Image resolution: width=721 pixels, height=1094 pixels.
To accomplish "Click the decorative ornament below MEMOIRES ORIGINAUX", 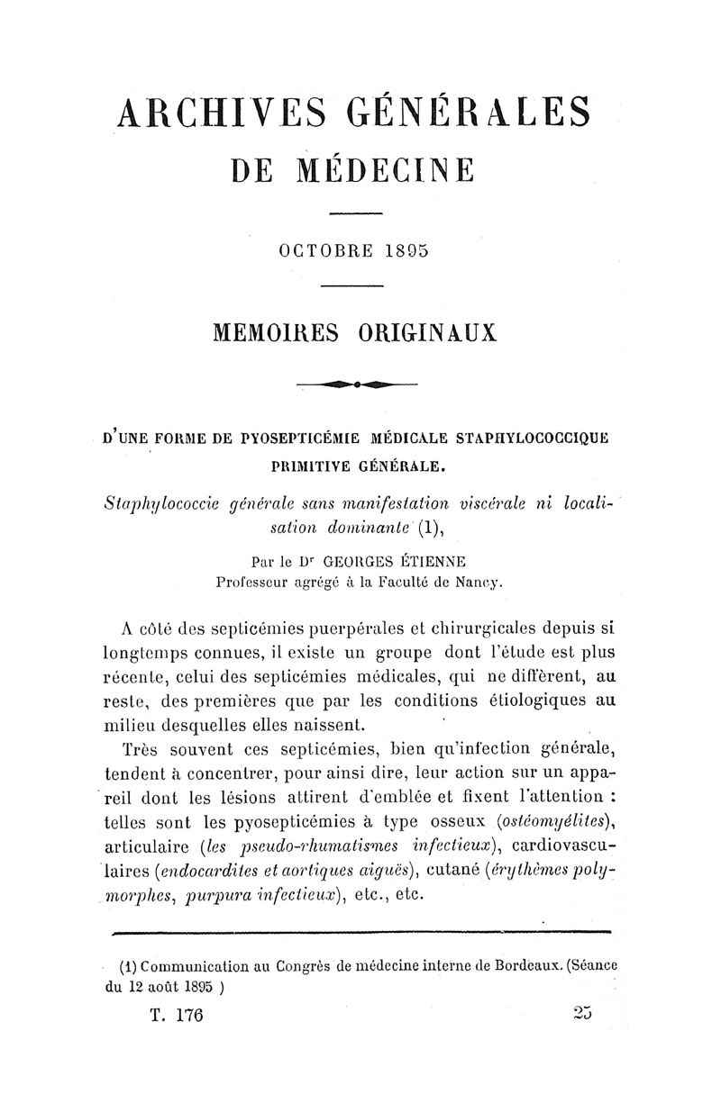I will coord(359,384).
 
